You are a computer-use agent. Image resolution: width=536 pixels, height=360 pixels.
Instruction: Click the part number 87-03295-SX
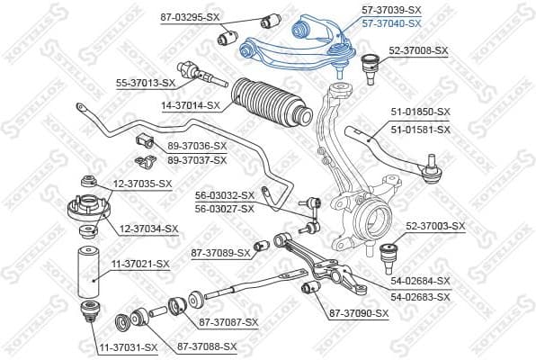(x=191, y=17)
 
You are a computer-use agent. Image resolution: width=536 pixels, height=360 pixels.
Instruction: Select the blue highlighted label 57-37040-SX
(x=391, y=22)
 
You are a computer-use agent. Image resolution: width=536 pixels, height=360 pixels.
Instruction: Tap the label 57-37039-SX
(x=391, y=9)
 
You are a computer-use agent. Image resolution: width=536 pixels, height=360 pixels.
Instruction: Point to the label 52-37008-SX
(x=418, y=50)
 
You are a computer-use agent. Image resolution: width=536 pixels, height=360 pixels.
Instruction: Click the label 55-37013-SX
(x=145, y=83)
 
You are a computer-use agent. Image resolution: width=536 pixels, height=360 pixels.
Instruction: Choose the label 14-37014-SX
(x=191, y=105)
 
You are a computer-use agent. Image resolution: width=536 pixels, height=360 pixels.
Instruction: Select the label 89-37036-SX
(x=197, y=146)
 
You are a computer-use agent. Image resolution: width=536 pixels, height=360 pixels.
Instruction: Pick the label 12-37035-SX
(x=141, y=184)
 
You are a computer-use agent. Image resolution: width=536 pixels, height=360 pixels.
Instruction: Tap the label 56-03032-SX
(x=225, y=194)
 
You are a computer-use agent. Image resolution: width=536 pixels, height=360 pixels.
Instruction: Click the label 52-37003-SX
(x=436, y=226)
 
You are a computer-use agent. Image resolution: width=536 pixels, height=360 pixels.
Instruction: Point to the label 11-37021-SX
(x=139, y=264)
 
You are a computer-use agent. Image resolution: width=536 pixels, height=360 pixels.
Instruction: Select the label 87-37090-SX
(x=359, y=313)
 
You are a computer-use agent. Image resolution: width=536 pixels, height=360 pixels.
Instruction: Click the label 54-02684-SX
(x=420, y=281)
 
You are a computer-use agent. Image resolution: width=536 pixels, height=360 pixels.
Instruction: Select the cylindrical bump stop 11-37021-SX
(x=87, y=271)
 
